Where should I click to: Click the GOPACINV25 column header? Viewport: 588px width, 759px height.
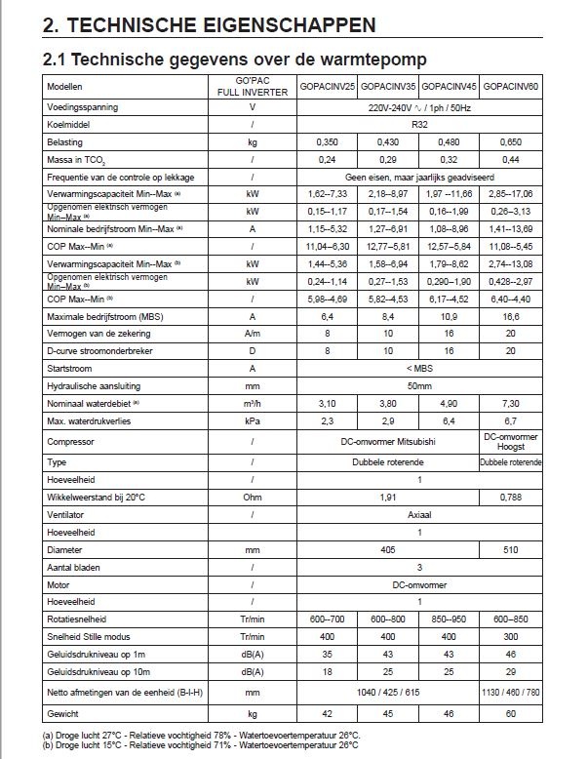pos(329,87)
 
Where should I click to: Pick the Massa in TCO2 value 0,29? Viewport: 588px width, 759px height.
pos(389,159)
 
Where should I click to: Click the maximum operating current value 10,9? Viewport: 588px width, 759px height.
pos(451,316)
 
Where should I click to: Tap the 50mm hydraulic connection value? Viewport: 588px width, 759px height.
pos(420,386)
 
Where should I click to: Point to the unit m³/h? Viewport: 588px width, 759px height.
pos(253,403)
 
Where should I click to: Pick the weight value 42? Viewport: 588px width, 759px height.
pos(329,714)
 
